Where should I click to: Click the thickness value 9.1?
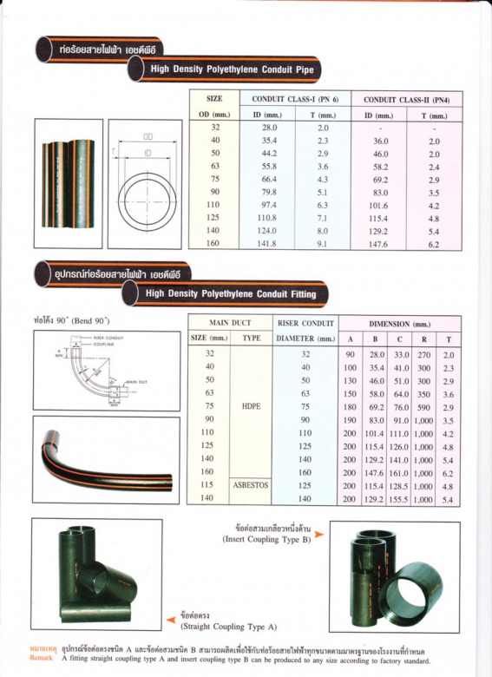point(323,245)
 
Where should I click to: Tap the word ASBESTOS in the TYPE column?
point(251,487)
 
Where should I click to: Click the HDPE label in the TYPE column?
point(251,404)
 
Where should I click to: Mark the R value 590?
point(424,405)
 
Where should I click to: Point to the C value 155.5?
point(400,500)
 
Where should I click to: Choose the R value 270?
point(424,354)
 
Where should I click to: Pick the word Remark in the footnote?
point(42,660)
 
